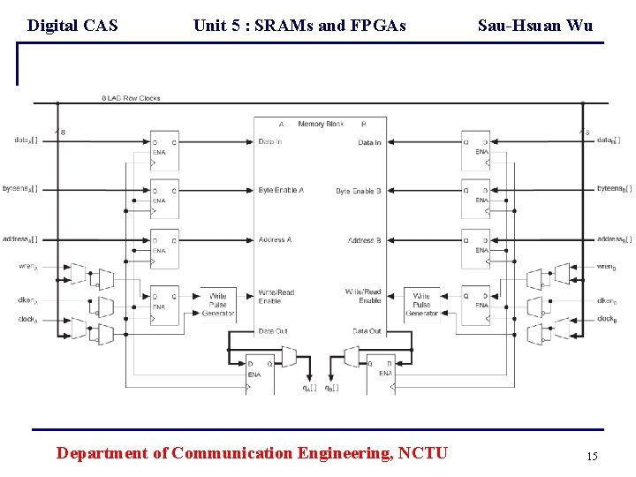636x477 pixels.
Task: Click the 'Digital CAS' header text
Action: [72, 26]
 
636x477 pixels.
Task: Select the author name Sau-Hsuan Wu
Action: [535, 26]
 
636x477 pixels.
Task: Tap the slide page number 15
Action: [592, 457]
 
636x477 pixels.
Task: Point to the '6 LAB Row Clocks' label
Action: [131, 98]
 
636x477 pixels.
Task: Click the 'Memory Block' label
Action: [321, 125]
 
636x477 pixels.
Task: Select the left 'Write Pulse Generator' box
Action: [217, 305]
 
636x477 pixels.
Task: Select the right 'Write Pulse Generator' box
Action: [421, 305]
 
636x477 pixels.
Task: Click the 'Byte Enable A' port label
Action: [281, 191]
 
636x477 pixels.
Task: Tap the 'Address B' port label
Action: [364, 240]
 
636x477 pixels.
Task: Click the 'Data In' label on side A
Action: [270, 142]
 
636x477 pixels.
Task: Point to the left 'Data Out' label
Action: [272, 331]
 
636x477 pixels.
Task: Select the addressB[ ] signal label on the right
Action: [614, 239]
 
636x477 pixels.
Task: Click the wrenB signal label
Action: [607, 266]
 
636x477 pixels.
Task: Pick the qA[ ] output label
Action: [308, 388]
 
